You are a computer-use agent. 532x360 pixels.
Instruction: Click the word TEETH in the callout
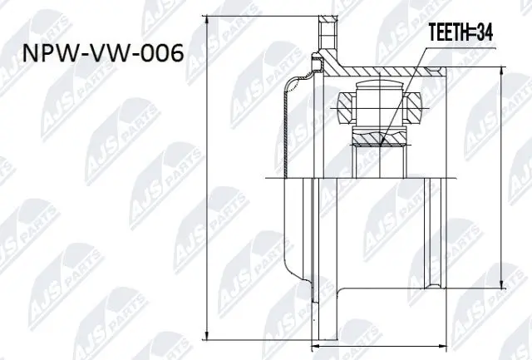(x=448, y=36)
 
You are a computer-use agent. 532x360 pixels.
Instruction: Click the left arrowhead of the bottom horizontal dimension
(x=313, y=344)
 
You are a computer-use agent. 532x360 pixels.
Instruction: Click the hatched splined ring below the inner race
(x=381, y=137)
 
